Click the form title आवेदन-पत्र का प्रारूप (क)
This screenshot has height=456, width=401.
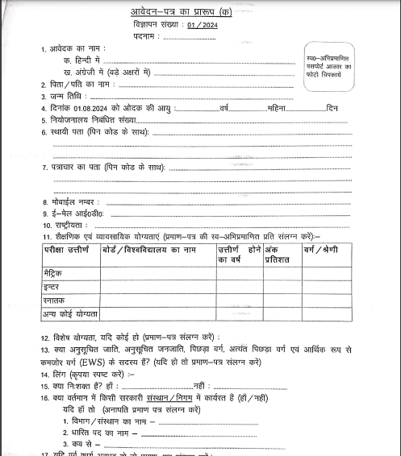pyautogui.click(x=198, y=12)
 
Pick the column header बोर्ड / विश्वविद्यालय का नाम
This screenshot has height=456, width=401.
pyautogui.click(x=149, y=252)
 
